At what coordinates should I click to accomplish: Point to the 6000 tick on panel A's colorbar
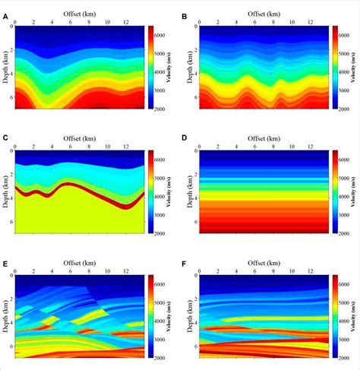pos(165,35)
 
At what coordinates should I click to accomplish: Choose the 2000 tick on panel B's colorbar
pos(346,109)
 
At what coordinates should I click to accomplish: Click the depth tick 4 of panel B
pos(196,74)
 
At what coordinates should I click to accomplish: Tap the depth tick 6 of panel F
pos(196,346)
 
